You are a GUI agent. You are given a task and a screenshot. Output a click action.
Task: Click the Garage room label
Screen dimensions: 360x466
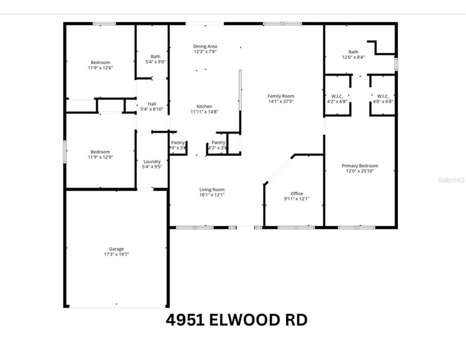[x=116, y=249]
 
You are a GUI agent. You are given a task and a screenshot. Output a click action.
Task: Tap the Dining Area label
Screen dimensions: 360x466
[x=205, y=46]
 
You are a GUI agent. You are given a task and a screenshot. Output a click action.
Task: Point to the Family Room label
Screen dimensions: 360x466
[x=281, y=96]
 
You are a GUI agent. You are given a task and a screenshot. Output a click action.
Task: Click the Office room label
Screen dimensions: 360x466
[x=297, y=194]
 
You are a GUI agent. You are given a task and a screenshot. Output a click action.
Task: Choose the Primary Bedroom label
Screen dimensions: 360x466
[x=360, y=166]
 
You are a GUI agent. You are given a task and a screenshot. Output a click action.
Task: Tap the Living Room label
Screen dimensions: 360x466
[x=212, y=190]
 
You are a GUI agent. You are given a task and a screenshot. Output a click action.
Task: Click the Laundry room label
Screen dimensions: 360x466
[x=151, y=161]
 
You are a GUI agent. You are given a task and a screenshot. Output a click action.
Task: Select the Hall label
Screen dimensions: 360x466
[x=151, y=104]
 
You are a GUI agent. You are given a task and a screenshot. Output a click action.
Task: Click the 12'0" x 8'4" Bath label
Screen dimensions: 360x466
[x=353, y=52]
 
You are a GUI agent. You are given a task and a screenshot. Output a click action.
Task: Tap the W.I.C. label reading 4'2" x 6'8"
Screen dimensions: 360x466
[x=337, y=96]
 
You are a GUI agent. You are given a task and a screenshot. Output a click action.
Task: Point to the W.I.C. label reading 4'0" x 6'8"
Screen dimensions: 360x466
[x=382, y=96]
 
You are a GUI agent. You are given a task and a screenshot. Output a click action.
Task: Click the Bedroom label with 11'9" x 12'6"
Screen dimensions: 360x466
[x=100, y=62]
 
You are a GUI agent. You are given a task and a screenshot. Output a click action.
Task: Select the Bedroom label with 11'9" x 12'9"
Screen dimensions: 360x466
[x=100, y=151]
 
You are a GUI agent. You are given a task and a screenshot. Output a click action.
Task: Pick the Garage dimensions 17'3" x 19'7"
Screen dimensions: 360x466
[x=116, y=255]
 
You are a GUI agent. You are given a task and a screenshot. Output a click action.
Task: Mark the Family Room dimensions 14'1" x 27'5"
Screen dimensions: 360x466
[x=281, y=102]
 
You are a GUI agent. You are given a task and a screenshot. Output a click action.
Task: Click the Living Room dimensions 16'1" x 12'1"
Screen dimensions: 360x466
[x=212, y=195]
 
